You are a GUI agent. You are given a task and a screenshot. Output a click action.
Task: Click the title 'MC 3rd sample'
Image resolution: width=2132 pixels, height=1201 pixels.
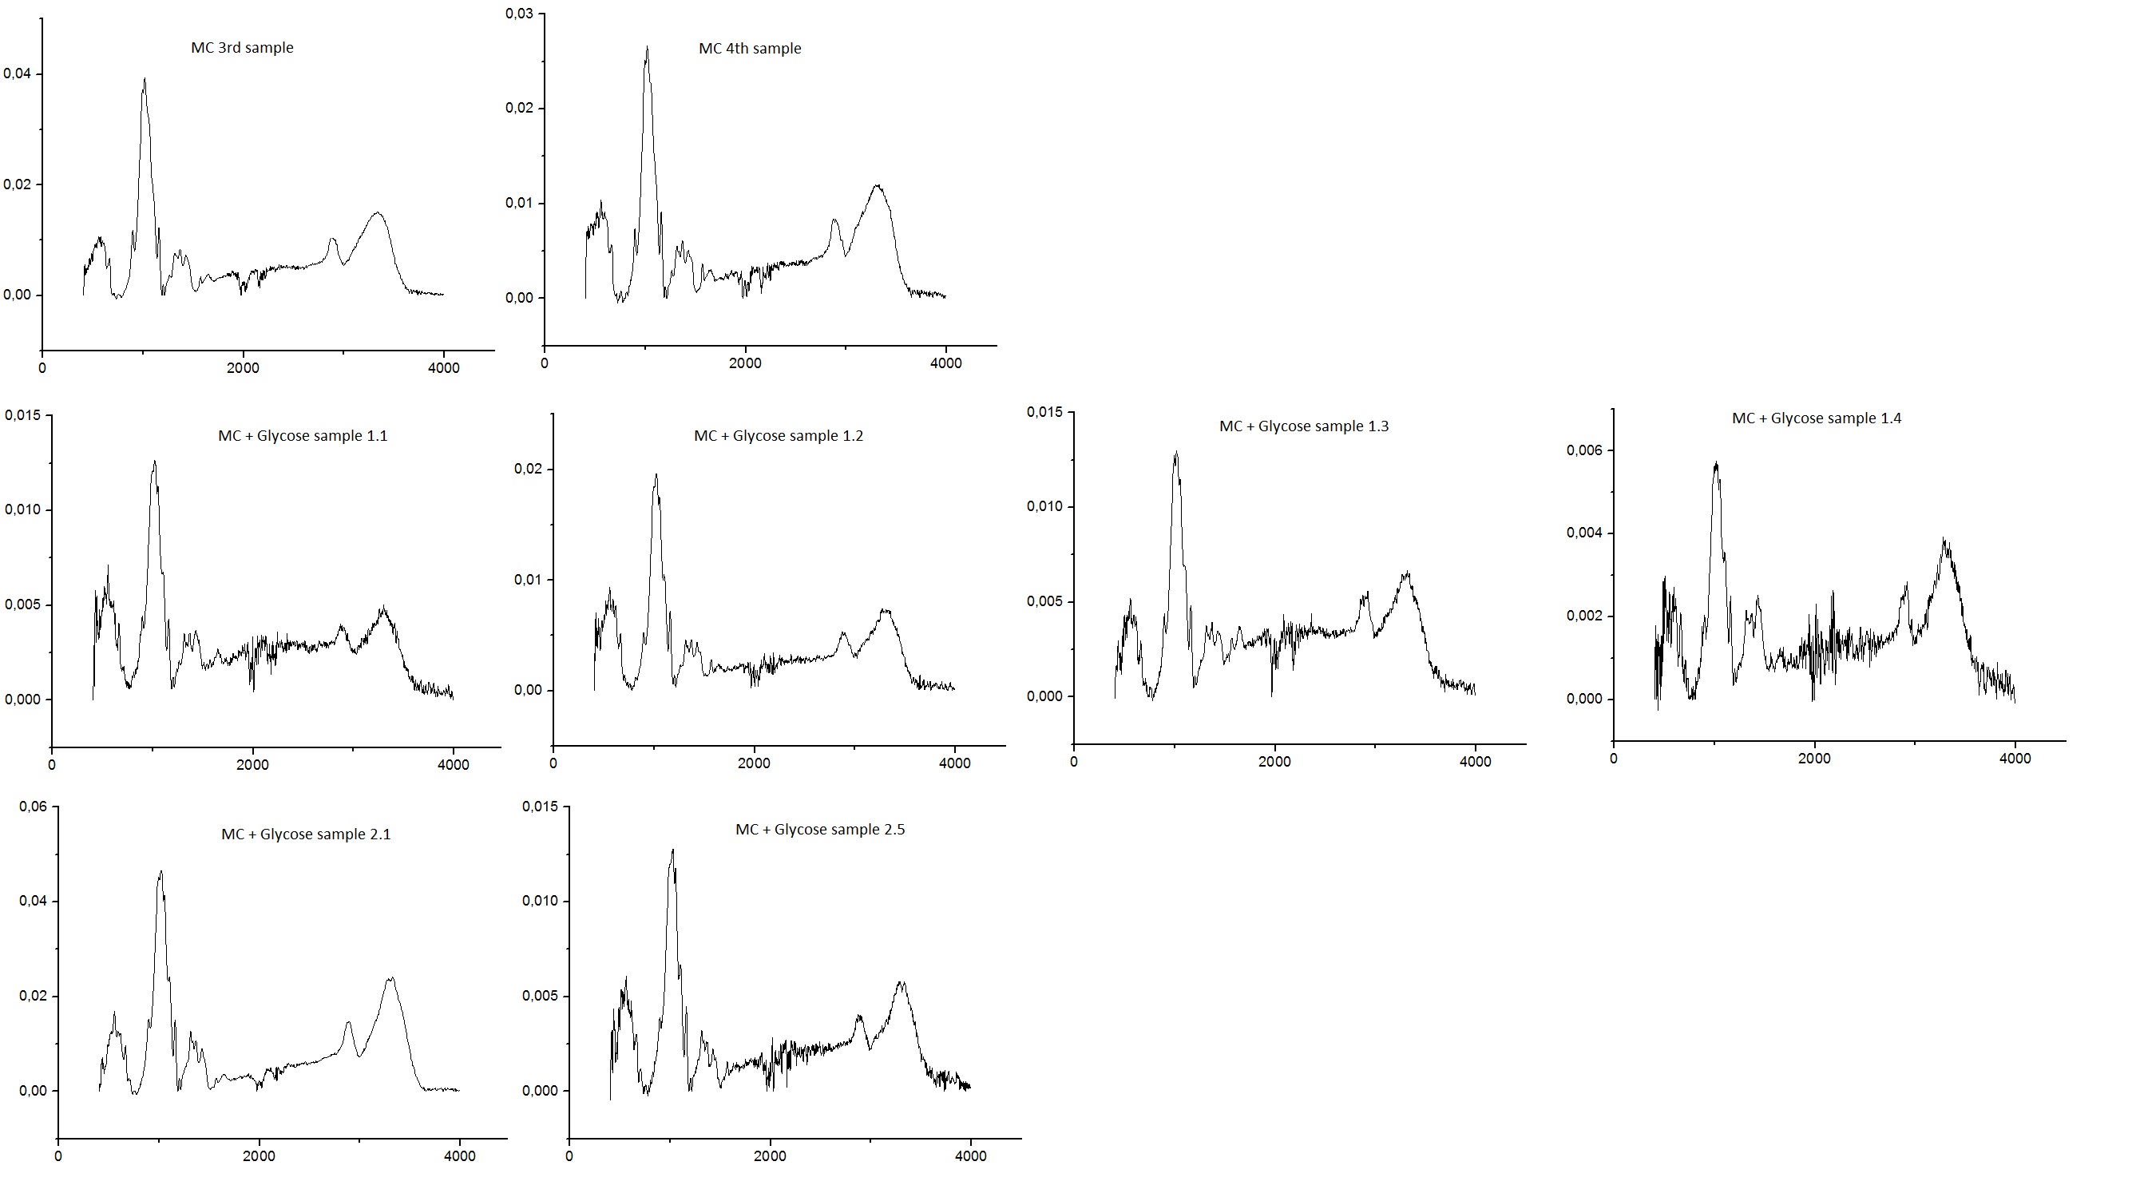[x=242, y=48]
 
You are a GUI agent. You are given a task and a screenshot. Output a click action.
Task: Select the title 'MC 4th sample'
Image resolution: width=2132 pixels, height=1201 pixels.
[x=750, y=49]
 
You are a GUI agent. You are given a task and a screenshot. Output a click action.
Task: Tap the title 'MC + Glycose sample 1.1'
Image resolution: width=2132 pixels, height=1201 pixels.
[x=302, y=436]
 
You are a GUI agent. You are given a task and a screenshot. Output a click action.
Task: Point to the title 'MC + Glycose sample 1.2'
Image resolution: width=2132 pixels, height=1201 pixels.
[x=778, y=436]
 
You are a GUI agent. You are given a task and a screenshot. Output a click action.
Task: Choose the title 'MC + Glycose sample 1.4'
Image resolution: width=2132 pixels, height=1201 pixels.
[x=1816, y=418]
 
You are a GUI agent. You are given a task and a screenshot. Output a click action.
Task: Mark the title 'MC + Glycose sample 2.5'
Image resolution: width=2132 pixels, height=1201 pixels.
[x=819, y=830]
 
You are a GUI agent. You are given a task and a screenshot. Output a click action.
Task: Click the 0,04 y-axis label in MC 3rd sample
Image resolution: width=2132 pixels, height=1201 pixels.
[x=18, y=73]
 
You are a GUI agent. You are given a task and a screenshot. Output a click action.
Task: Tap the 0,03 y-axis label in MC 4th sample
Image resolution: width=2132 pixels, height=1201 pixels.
[x=520, y=14]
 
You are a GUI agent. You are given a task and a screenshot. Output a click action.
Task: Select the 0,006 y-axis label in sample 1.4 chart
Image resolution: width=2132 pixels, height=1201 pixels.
[x=1584, y=450]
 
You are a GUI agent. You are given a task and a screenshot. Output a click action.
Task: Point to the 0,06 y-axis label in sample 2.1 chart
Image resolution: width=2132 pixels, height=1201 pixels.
[x=33, y=807]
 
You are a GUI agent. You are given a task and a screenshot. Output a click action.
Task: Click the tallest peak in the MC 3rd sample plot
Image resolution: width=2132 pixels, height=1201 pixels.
[x=145, y=80]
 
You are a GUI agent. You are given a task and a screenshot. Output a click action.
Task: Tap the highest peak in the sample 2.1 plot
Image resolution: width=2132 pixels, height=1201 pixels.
[x=160, y=871]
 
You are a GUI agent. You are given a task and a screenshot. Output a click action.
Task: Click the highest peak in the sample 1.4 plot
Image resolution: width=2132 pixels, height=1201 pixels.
[x=1717, y=462]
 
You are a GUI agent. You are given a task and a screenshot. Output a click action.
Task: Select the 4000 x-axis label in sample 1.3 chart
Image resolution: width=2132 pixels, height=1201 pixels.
[x=1475, y=763]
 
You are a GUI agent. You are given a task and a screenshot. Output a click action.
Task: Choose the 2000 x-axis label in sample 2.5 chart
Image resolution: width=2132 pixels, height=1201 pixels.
[x=770, y=1156]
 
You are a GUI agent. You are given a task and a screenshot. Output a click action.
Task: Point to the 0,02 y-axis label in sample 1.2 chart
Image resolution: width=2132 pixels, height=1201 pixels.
[x=528, y=470]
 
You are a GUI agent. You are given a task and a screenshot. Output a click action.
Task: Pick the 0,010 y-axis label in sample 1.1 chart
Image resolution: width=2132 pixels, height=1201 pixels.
[x=22, y=510]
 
